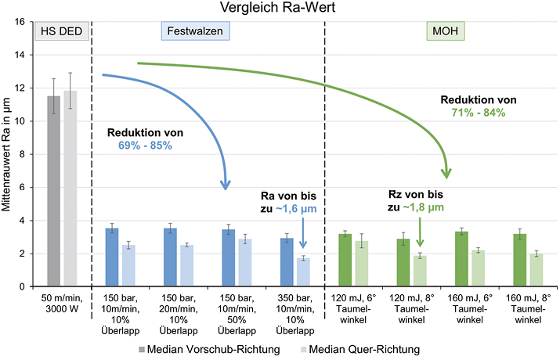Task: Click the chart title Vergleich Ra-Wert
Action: pos(279,9)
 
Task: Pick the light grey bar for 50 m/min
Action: pos(70,189)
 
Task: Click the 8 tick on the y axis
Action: pos(23,154)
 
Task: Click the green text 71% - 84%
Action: pos(478,113)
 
